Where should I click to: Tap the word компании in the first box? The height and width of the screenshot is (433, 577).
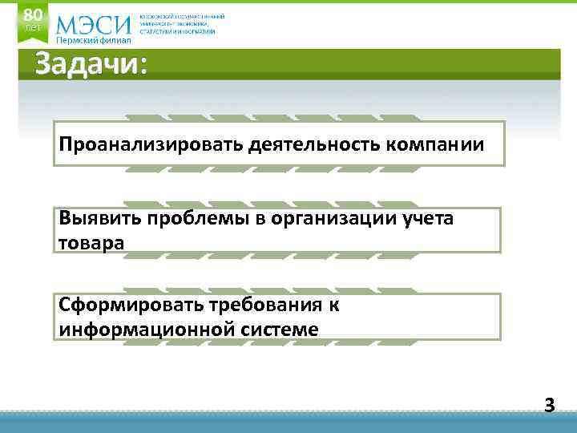point(435,145)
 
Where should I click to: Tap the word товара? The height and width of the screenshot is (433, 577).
point(91,241)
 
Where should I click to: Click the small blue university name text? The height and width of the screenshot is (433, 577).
point(182,24)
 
